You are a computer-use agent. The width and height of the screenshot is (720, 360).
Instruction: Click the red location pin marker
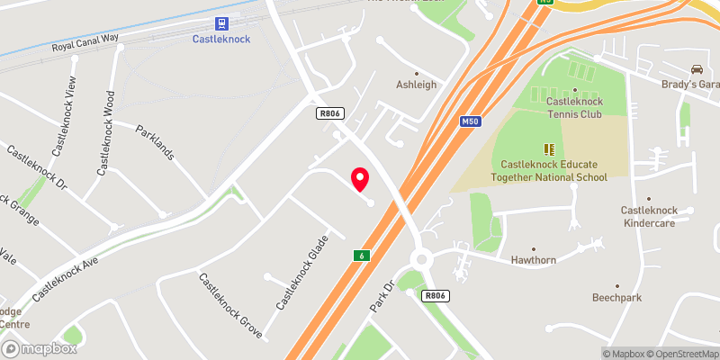coord(360,178)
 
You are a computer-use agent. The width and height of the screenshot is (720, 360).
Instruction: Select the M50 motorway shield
coord(468,121)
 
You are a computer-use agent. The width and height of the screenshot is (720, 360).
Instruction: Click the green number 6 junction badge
coord(362,256)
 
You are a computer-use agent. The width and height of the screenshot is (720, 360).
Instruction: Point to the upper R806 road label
coord(328,113)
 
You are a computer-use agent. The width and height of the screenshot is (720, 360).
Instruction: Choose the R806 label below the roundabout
coord(436,295)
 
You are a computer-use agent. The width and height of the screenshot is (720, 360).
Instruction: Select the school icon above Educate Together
coord(548,149)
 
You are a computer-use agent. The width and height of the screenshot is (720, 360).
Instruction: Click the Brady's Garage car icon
coord(696,69)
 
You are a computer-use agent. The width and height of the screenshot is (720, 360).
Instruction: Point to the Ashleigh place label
coord(416,85)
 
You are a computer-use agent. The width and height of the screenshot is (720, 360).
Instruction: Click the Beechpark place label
coord(616,297)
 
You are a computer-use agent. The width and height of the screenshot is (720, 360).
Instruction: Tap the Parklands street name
coord(154,141)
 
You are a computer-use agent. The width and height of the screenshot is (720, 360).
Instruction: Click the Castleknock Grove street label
coord(230,305)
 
